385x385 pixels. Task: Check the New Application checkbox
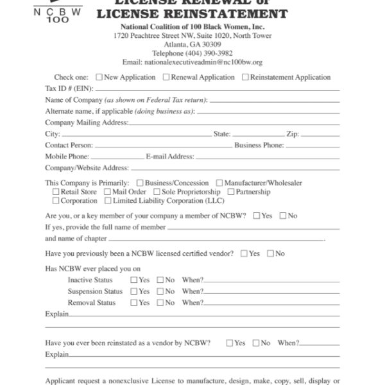pos(99,78)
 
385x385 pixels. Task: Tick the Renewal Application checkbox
pos(166,78)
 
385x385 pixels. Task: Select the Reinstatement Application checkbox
pos(245,78)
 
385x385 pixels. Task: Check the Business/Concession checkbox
pos(140,183)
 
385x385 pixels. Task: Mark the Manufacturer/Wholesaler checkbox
pos(219,183)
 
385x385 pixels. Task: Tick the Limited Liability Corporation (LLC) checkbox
pos(107,201)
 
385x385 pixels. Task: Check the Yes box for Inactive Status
pos(133,280)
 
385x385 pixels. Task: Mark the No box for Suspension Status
pos(160,291)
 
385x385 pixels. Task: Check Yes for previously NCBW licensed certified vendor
pos(244,253)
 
